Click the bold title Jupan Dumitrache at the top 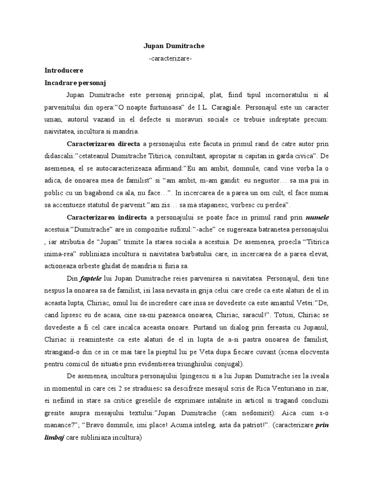pyautogui.click(x=174, y=46)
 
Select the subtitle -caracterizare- pyautogui.click(x=173, y=58)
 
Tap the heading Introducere pyautogui.click(x=64, y=70)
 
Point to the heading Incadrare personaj pyautogui.click(x=78, y=83)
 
